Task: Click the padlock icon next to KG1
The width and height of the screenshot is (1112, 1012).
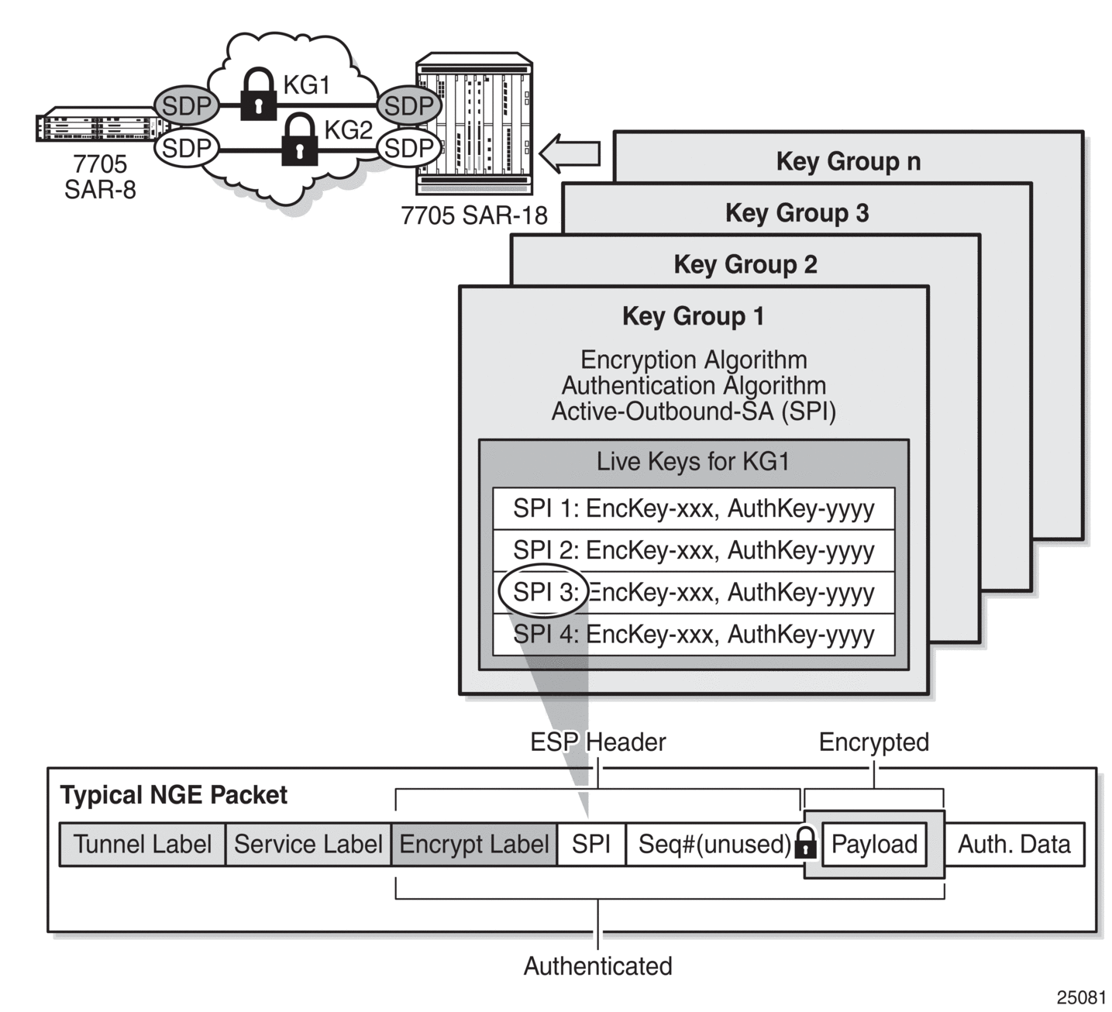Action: (258, 94)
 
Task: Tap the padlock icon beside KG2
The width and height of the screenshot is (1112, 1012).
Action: (299, 139)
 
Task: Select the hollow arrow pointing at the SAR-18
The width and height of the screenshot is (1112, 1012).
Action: (570, 153)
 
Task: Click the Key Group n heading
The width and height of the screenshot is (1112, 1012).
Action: (848, 161)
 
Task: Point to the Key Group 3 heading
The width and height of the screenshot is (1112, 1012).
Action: (797, 212)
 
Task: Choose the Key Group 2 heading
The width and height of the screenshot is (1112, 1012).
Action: (745, 264)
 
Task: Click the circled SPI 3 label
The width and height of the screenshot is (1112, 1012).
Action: (543, 591)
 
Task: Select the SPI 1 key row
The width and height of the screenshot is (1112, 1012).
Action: (694, 508)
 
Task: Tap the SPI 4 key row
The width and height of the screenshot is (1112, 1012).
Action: (694, 635)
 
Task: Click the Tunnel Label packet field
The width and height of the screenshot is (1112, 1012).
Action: (143, 844)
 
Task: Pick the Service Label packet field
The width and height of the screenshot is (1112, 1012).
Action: (308, 844)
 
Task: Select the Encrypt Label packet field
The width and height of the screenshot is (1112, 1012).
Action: (474, 844)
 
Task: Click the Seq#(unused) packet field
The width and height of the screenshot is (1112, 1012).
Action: (714, 844)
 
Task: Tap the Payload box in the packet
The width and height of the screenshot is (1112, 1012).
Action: (874, 844)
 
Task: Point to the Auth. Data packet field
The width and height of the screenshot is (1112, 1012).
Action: (1014, 844)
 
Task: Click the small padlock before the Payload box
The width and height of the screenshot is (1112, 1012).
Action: (805, 843)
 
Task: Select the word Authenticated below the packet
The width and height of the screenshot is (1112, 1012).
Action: (597, 966)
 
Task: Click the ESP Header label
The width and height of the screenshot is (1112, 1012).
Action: (597, 742)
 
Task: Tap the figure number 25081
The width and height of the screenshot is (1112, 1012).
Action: (1081, 997)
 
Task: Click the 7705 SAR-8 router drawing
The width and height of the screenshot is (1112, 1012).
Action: (102, 124)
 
